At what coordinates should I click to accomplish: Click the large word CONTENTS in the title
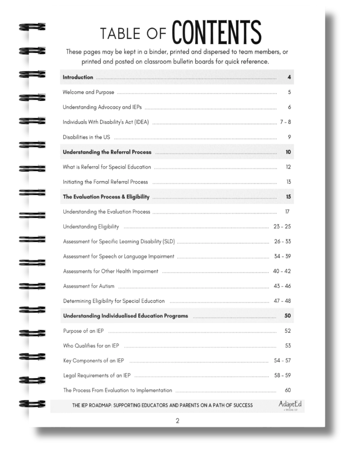pyautogui.click(x=216, y=32)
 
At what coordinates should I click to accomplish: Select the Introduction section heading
pyautogui.click(x=78, y=77)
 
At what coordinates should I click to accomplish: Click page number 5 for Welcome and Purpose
pyautogui.click(x=289, y=92)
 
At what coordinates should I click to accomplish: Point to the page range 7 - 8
pyautogui.click(x=285, y=122)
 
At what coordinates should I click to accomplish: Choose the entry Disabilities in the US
pyautogui.click(x=86, y=137)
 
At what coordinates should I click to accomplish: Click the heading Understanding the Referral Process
pyautogui.click(x=107, y=152)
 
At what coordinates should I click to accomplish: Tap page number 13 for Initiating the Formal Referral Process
pyautogui.click(x=288, y=182)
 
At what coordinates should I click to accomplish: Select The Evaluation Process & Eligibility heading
pyautogui.click(x=106, y=197)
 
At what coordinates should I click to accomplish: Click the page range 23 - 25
pyautogui.click(x=282, y=226)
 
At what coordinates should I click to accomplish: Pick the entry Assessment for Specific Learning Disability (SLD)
pyautogui.click(x=119, y=241)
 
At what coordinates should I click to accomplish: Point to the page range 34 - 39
pyautogui.click(x=282, y=256)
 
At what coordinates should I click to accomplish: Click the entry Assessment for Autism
pyautogui.click(x=89, y=286)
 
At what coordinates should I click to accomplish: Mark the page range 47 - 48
pyautogui.click(x=282, y=301)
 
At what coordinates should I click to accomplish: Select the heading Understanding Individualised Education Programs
pyautogui.click(x=126, y=316)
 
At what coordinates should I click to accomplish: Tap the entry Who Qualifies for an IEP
pyautogui.click(x=91, y=346)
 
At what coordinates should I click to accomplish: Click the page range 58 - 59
pyautogui.click(x=282, y=375)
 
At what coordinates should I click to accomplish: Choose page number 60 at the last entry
pyautogui.click(x=288, y=390)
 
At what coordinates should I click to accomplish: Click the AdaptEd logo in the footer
pyautogui.click(x=290, y=405)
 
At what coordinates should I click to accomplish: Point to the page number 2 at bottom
pyautogui.click(x=177, y=421)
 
